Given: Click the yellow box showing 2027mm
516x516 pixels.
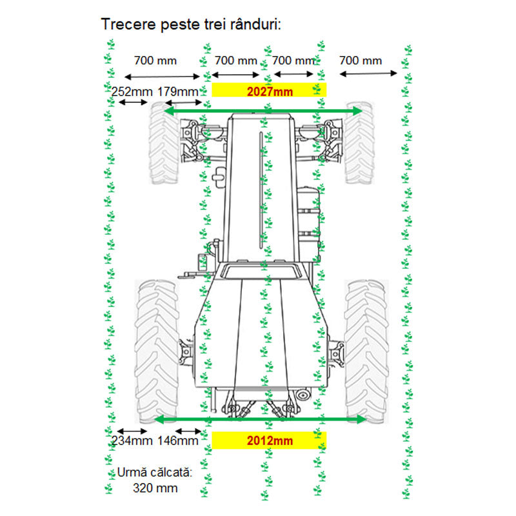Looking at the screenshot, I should coord(269,90).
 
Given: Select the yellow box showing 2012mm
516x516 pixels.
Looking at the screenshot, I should coord(269,441).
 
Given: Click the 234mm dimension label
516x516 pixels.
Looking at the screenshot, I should coord(132,441).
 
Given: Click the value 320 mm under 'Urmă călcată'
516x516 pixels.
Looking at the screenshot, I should coord(155,488).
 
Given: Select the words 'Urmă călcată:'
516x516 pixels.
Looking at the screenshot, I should coord(155,473).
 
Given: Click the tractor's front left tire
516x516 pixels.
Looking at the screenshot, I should coord(164,144).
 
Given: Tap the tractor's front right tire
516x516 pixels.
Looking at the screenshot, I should coord(359,143).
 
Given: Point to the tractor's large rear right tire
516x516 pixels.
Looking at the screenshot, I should coord(366,349).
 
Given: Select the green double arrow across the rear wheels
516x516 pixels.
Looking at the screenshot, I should coord(261,419).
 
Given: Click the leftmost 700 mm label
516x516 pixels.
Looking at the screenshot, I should coord(155,61).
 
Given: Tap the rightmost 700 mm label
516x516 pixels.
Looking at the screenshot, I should coord(361,61).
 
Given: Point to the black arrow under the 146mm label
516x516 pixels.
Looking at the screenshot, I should coord(188,430).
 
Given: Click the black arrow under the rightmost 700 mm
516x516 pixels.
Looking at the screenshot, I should coord(368,74).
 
